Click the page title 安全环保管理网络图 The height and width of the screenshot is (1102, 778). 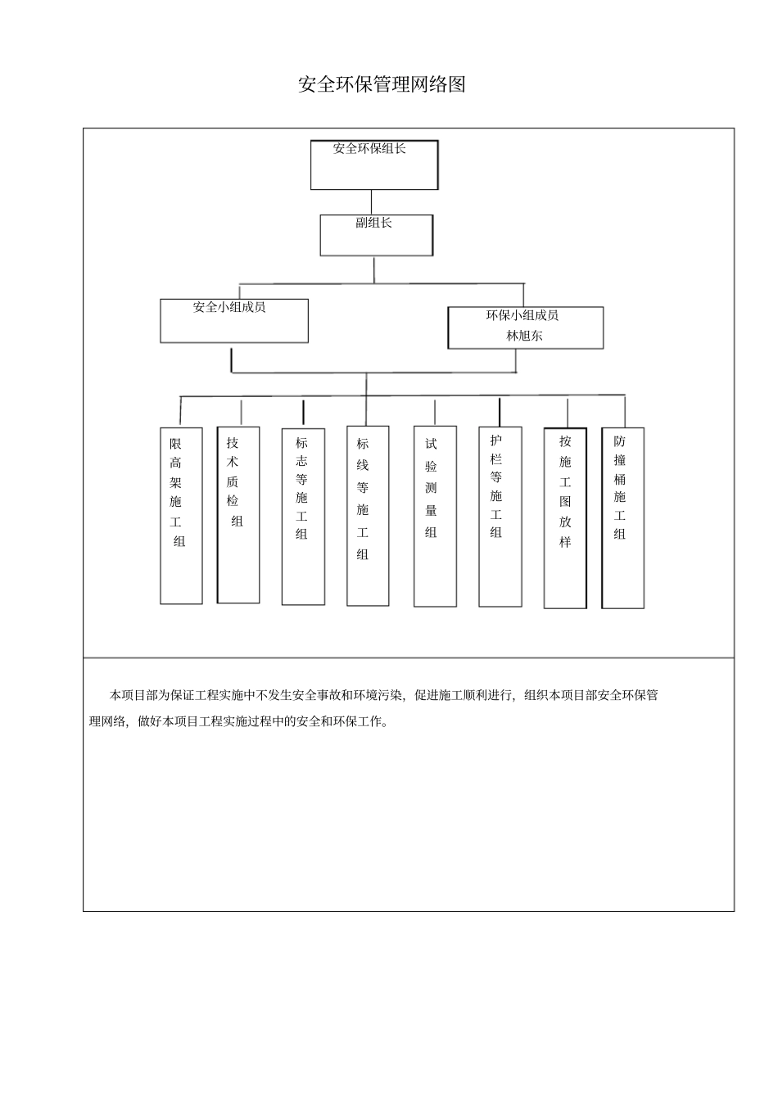coord(382,85)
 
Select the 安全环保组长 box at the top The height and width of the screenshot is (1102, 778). coord(373,165)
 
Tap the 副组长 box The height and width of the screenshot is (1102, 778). coord(376,235)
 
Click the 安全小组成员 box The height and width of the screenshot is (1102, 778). coord(233,320)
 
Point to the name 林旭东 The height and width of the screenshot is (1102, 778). coord(524,335)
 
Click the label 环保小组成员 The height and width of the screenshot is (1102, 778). coord(522,315)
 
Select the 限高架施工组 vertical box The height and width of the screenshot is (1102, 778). coord(181,516)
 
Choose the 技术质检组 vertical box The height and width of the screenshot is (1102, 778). coord(238,514)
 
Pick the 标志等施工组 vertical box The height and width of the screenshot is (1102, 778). coord(303,517)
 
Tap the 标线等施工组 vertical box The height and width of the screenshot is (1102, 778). coord(368,516)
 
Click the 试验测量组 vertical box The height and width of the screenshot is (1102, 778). coord(435,516)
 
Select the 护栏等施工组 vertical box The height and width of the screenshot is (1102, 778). coord(500,516)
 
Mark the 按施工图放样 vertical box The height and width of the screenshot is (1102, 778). coord(565,517)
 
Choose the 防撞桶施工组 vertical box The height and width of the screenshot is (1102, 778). coord(622,517)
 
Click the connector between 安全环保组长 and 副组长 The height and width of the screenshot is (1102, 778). coord(372,202)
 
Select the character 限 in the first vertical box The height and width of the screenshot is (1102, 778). coord(176,444)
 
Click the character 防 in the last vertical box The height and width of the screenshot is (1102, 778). coord(620,440)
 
